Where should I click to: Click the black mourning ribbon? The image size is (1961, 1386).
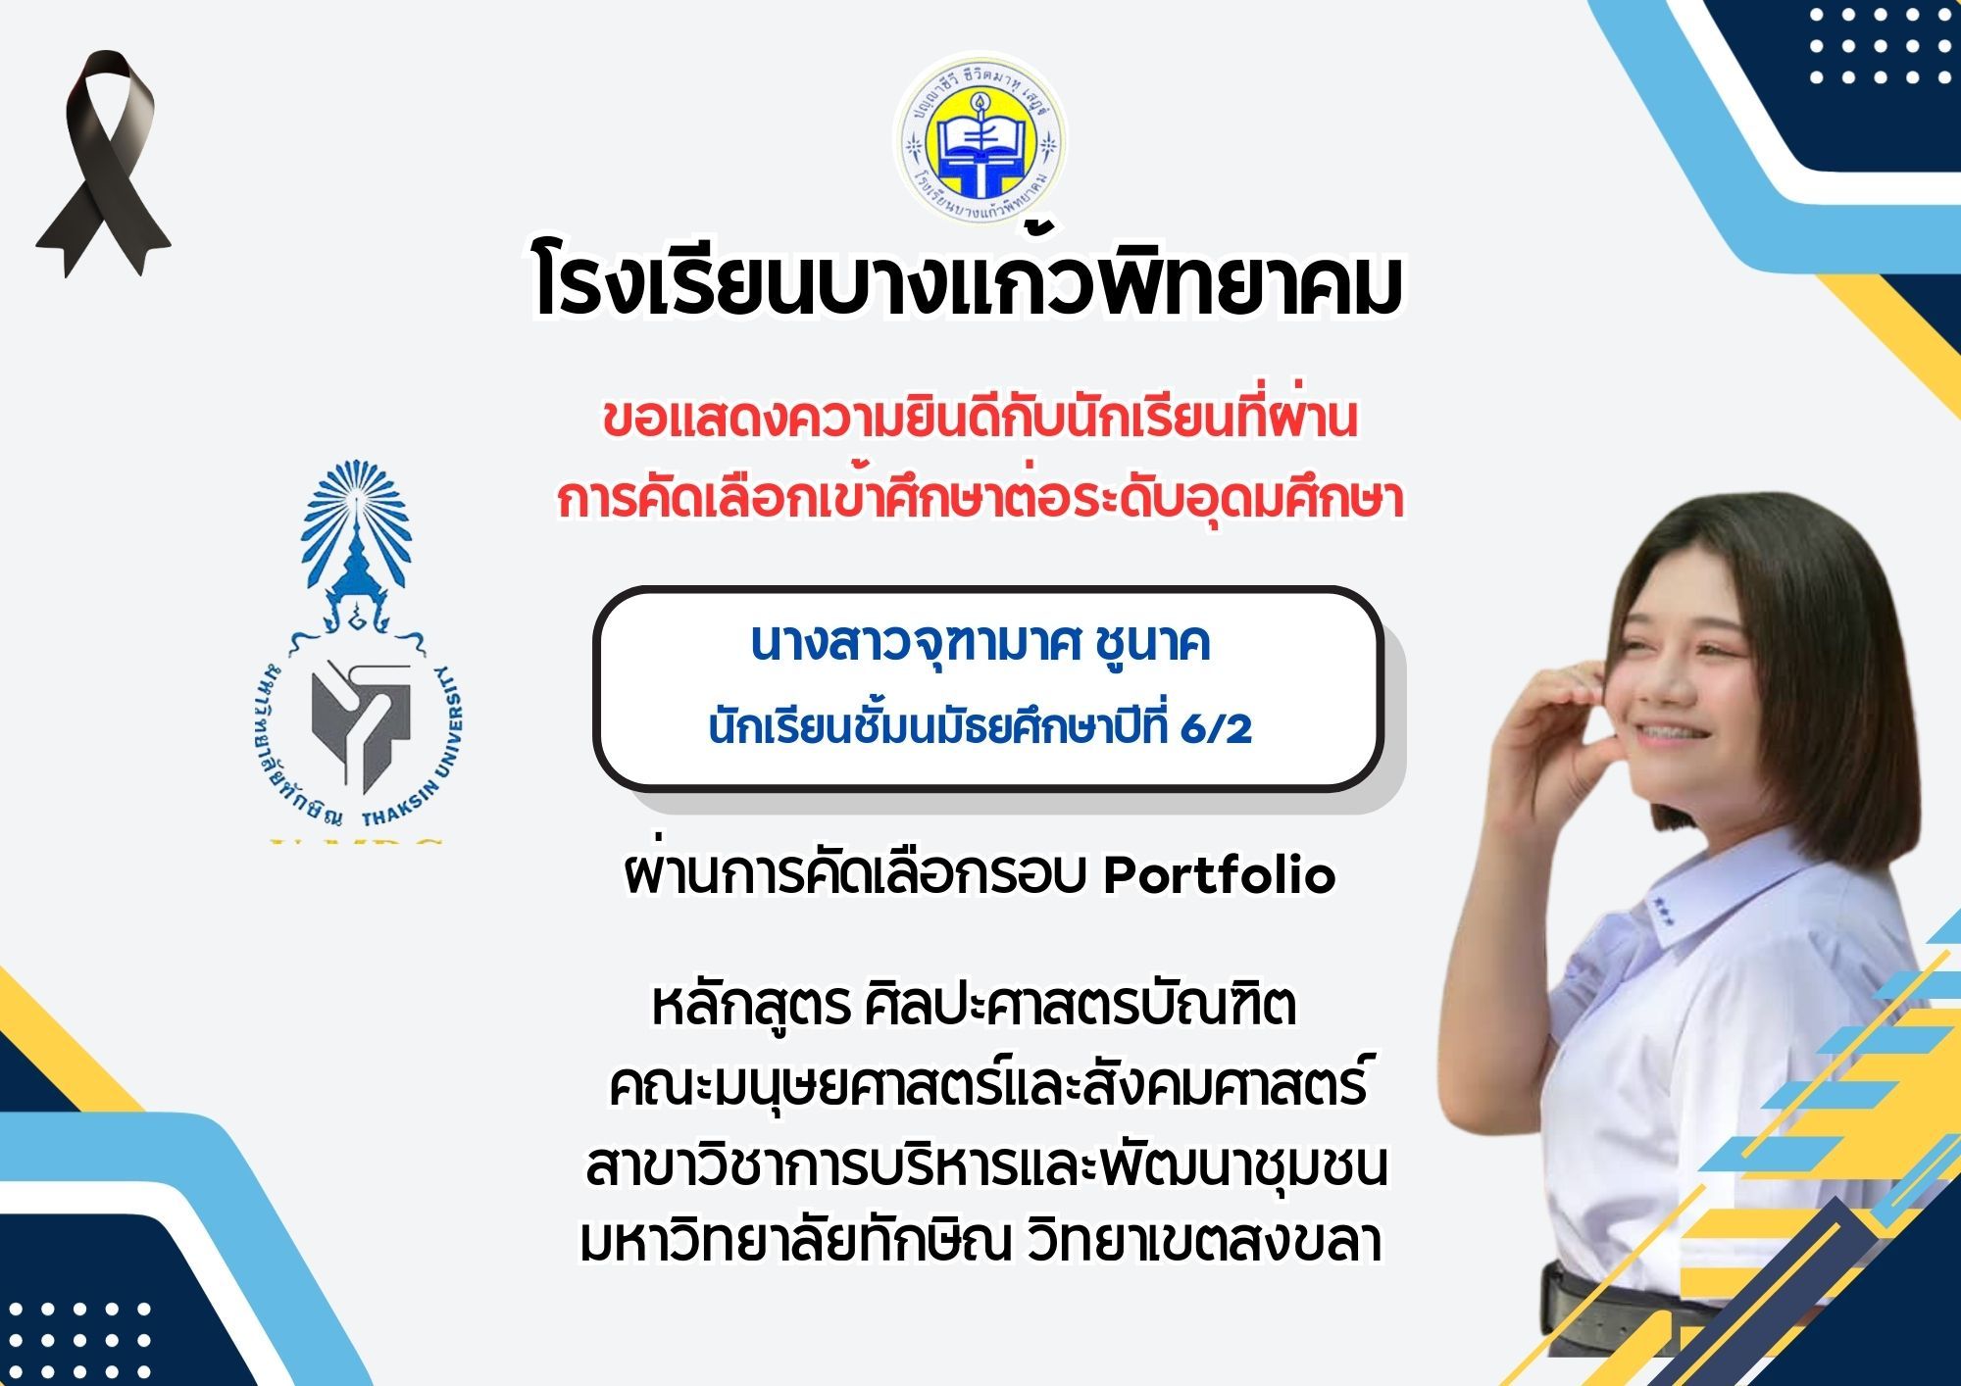point(102,162)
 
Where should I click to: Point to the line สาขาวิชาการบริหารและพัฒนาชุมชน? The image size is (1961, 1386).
point(986,1166)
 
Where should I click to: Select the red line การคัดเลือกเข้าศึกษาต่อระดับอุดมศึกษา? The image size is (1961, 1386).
point(980,498)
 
